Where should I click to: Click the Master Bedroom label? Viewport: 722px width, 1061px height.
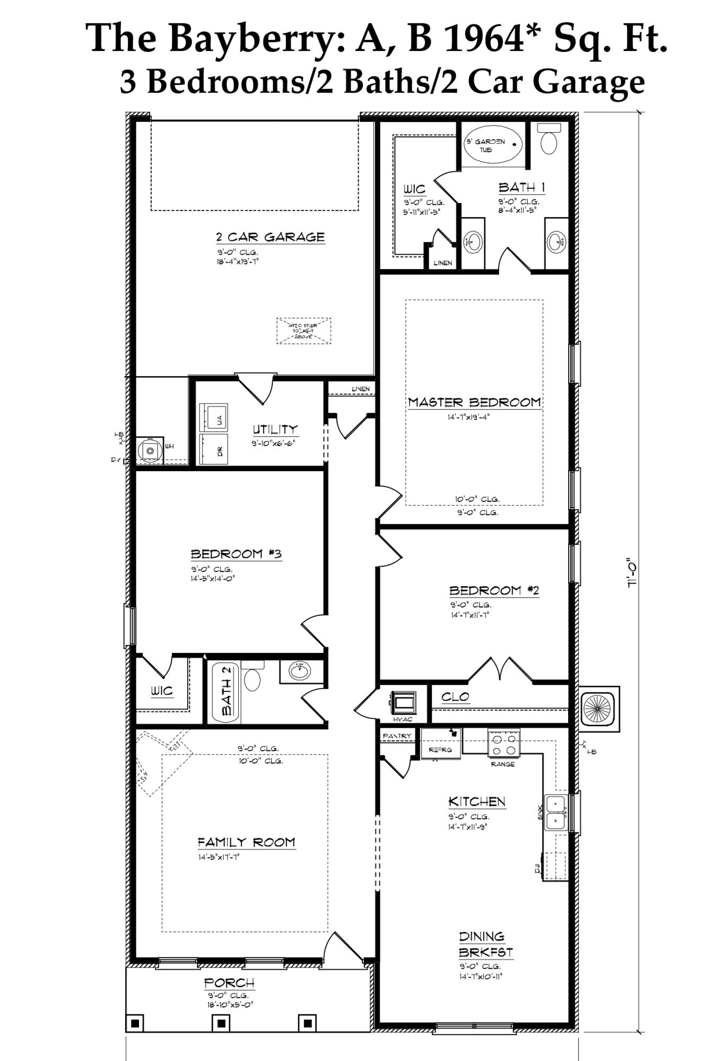[474, 402]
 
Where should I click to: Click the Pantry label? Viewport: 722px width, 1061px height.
[397, 736]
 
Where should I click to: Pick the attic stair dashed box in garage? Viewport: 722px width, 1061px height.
[303, 331]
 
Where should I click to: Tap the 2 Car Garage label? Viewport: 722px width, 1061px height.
[270, 237]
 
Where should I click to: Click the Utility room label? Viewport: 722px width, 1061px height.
[275, 429]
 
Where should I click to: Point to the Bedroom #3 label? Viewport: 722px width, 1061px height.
[236, 554]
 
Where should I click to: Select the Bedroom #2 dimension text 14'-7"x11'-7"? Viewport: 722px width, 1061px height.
[469, 615]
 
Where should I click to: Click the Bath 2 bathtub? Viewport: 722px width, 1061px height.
[226, 692]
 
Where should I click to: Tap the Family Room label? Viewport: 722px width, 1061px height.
[246, 842]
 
